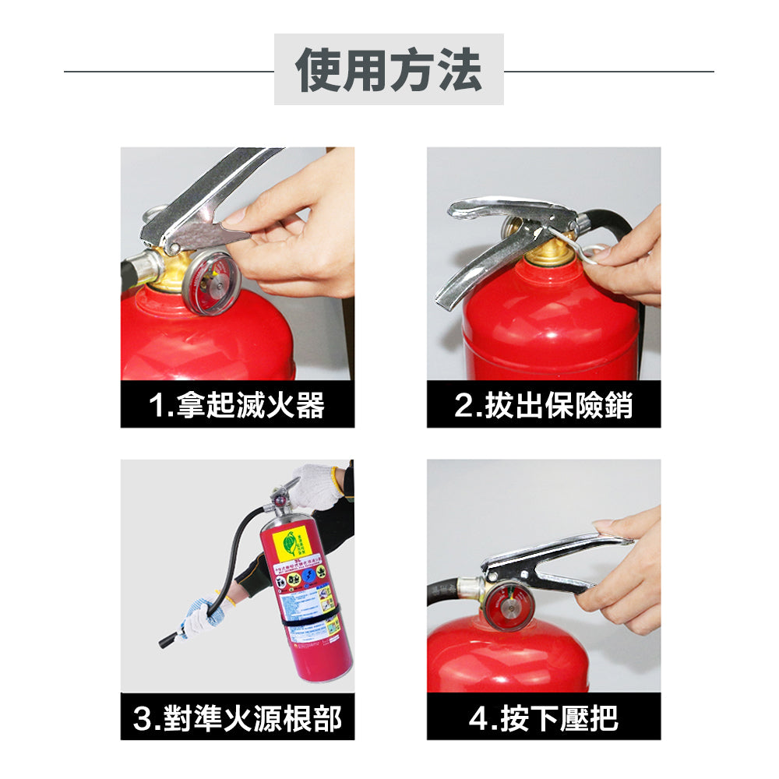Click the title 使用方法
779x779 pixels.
pos(389,70)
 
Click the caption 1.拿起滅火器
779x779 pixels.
pos(237,405)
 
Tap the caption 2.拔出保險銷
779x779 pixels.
pos(543,405)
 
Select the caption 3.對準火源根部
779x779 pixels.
pos(237,717)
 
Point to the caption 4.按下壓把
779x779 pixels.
pos(543,717)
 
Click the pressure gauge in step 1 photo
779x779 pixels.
pos(211,282)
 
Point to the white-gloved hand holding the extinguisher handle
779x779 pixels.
pos(318,485)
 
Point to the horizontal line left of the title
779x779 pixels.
pos(168,72)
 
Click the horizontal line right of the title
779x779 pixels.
pos(608,72)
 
